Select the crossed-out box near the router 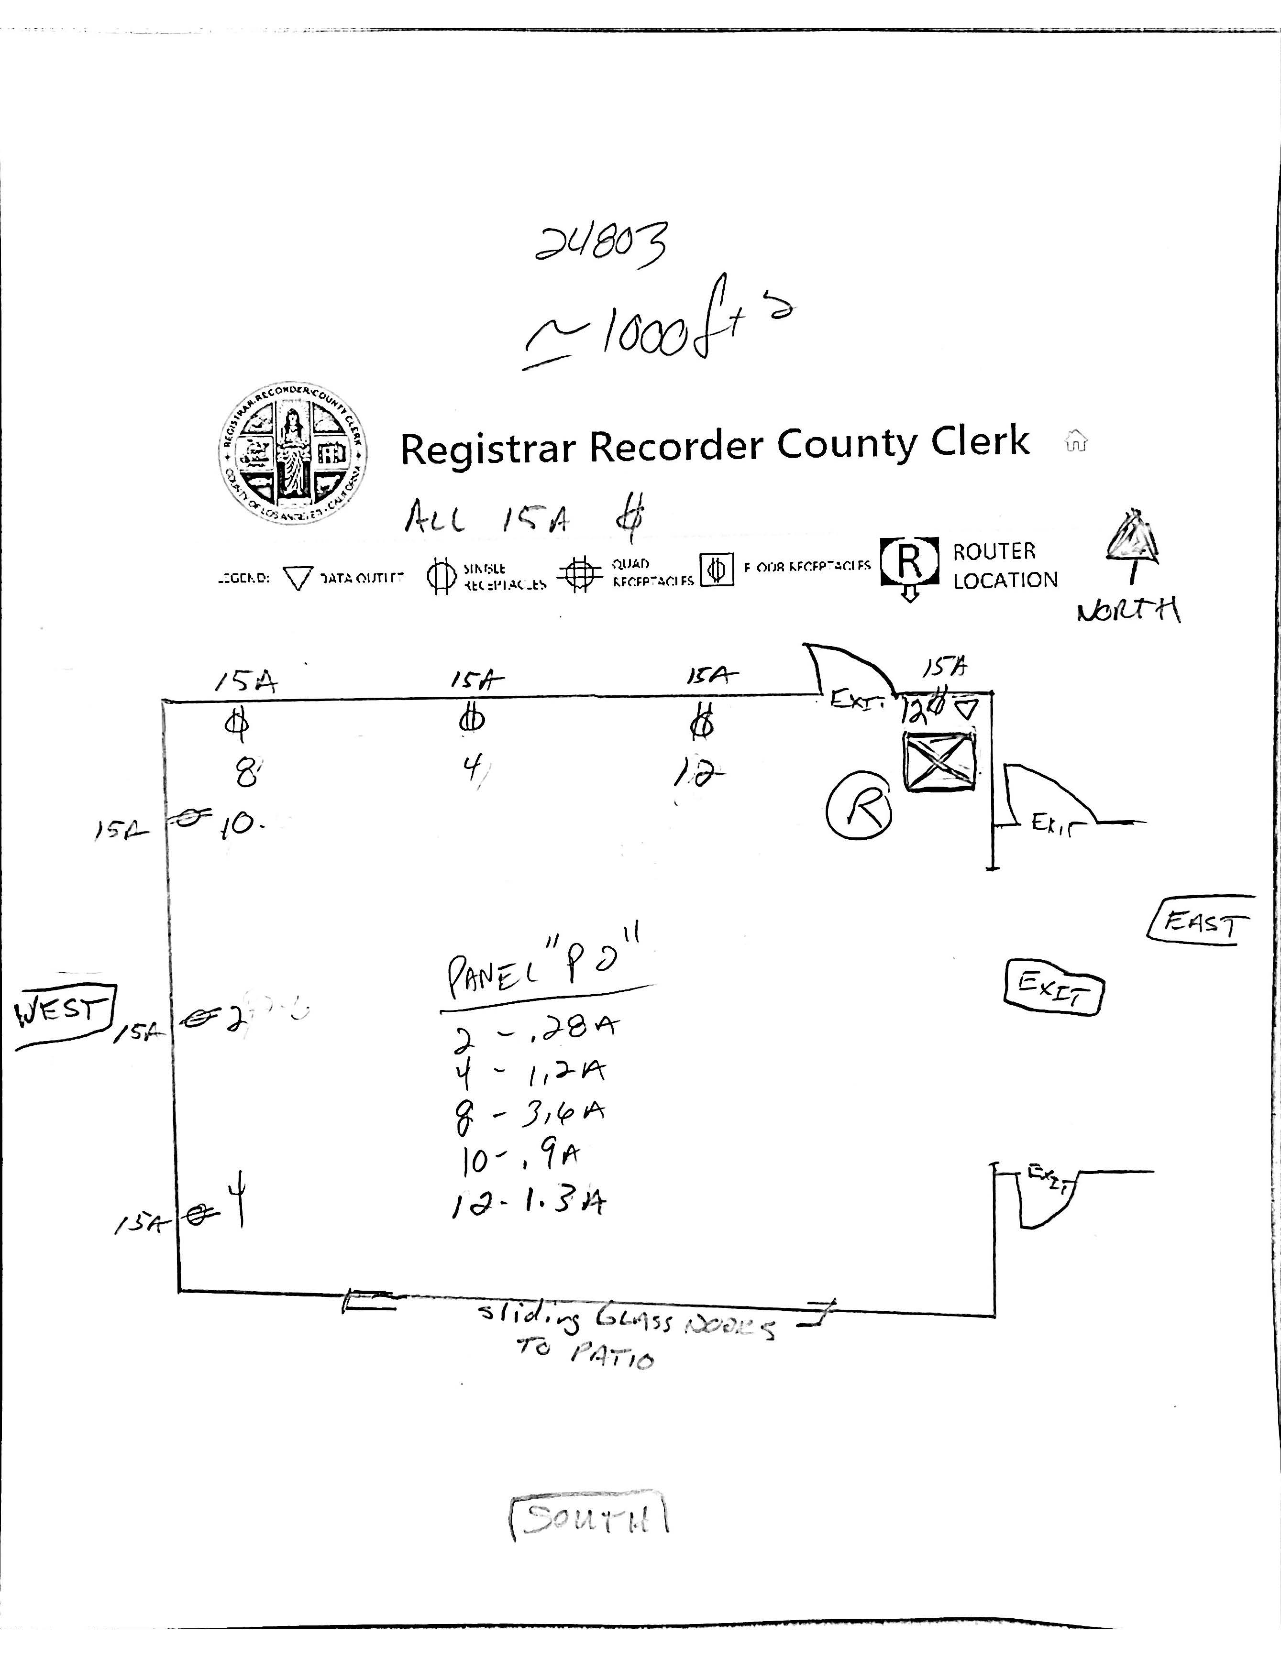click(x=939, y=762)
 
